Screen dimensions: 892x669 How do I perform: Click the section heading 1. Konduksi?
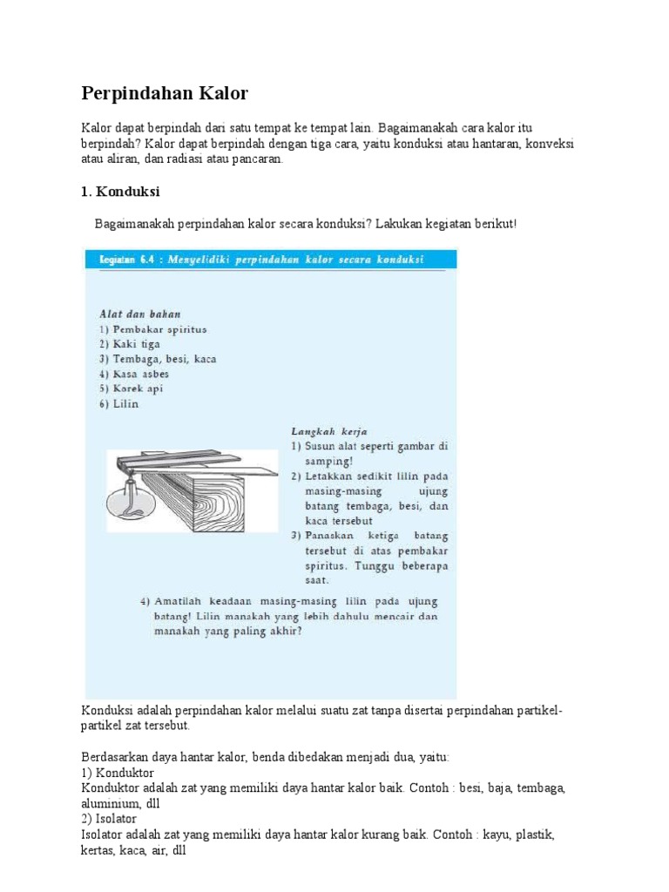pyautogui.click(x=122, y=191)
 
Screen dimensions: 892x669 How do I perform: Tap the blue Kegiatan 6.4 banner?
pyautogui.click(x=270, y=260)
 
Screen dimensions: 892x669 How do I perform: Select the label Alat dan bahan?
pyautogui.click(x=139, y=314)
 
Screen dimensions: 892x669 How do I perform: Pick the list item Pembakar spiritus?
pyautogui.click(x=152, y=329)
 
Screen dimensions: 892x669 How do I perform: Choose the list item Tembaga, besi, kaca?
pyautogui.click(x=158, y=359)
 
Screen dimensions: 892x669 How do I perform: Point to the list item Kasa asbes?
pyautogui.click(x=134, y=374)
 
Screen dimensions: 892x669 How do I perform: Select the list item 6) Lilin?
pyautogui.click(x=118, y=403)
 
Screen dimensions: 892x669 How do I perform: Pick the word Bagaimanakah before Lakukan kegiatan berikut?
pyautogui.click(x=134, y=224)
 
